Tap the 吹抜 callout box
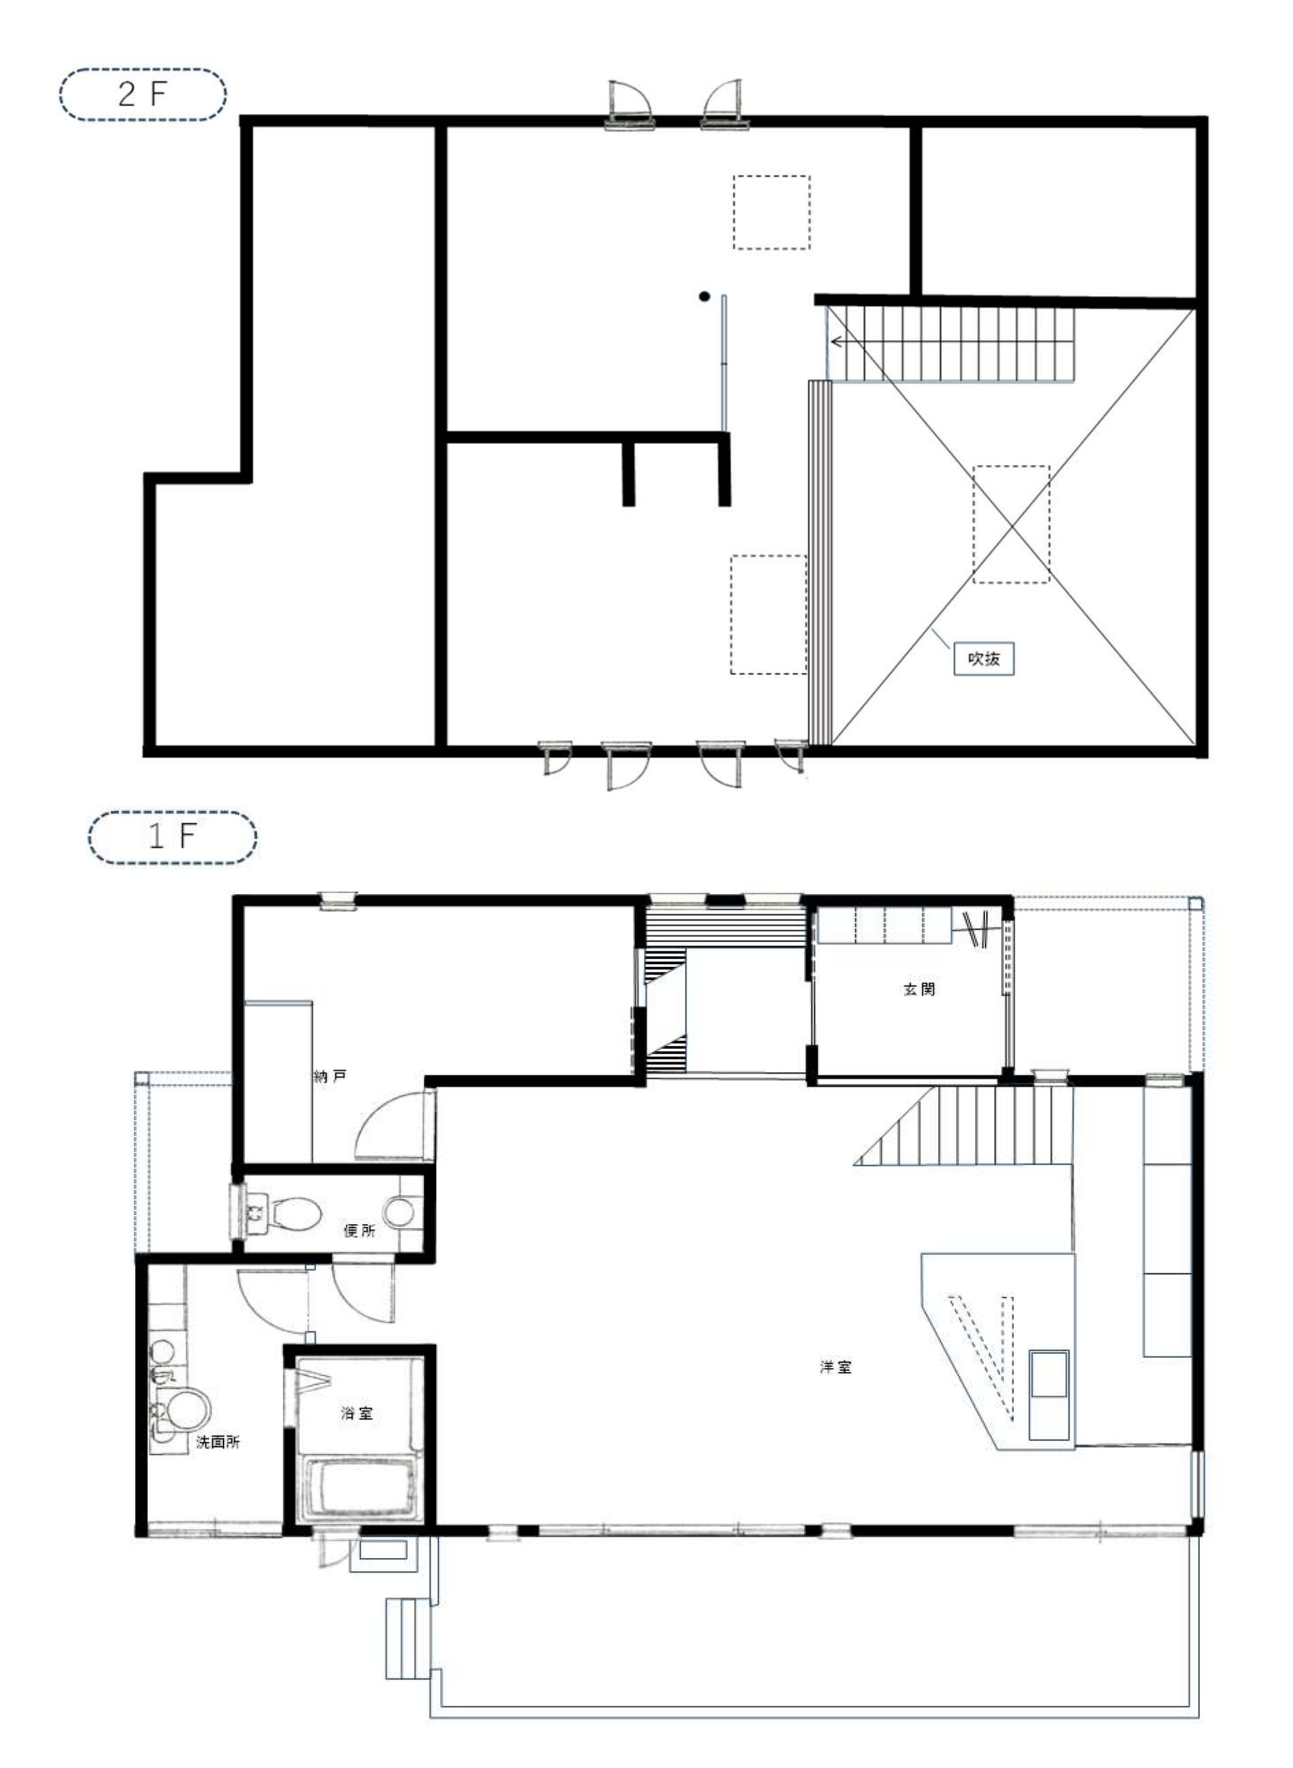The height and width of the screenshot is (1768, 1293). [x=983, y=658]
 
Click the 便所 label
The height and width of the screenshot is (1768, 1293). [x=359, y=1230]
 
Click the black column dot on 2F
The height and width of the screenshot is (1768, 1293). [x=704, y=296]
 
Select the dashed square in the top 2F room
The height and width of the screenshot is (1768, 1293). [x=771, y=212]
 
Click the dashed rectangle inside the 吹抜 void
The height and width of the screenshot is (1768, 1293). [x=1011, y=524]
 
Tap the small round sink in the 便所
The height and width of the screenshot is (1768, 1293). [x=400, y=1211]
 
